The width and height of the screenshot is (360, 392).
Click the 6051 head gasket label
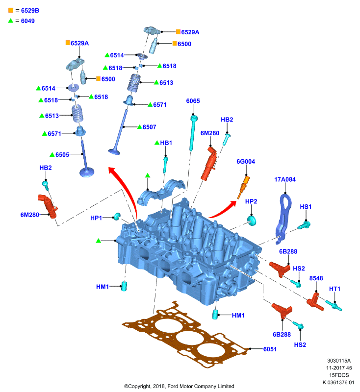270,349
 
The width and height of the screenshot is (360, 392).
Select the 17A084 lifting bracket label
284,179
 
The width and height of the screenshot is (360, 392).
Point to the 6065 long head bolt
193,133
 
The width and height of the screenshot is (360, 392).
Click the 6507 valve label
150,127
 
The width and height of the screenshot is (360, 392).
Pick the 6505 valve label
62,155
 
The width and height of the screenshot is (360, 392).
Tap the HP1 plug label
96,218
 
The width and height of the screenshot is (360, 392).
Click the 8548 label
316,278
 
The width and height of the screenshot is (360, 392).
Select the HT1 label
334,289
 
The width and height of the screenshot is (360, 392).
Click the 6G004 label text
246,162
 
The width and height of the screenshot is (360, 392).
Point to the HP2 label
251,201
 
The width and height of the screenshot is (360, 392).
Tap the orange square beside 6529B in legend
11,10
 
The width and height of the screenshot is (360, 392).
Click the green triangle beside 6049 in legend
10,21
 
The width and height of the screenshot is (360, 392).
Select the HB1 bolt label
166,143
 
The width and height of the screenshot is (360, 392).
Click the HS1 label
306,207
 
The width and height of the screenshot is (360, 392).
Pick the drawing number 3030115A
339,361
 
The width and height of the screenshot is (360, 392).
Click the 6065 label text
193,101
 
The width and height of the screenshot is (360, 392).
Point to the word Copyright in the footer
139,386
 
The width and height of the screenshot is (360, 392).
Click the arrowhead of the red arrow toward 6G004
233,203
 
